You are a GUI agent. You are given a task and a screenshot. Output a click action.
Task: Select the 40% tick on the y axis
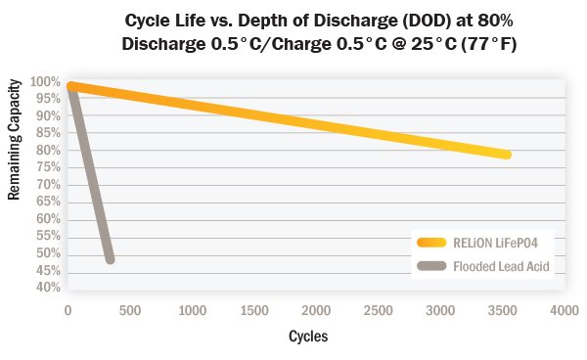pos(46,288)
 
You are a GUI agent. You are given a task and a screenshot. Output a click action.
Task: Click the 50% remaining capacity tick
pos(46,253)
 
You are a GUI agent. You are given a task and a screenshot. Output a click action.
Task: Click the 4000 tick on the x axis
pos(563,310)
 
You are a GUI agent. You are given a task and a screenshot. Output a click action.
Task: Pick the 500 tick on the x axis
pos(129,310)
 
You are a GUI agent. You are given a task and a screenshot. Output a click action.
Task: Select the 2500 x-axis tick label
pos(377,310)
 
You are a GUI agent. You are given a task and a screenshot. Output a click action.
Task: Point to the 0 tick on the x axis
pos(68,310)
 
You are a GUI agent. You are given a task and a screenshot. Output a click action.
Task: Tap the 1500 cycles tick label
pos(252,310)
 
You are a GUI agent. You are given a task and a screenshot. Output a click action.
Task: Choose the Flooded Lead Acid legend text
pos(498,265)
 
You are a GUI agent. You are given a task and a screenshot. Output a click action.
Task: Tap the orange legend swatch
pos(432,244)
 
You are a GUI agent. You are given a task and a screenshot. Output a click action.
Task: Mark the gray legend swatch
pos(432,265)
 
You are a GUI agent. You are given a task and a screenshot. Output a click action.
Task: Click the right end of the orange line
pos(507,155)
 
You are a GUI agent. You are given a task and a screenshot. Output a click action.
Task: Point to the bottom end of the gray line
pos(110,258)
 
